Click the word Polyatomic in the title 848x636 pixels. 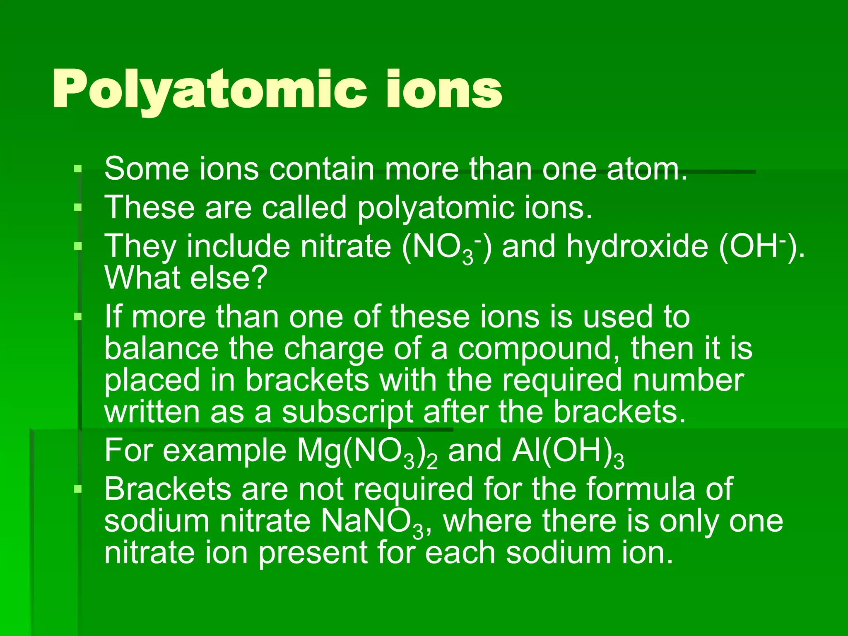[x=209, y=90]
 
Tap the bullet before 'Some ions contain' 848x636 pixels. [x=77, y=169]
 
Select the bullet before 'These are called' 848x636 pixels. [x=77, y=207]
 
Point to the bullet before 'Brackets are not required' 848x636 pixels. [x=77, y=489]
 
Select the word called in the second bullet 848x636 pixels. [x=304, y=207]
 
